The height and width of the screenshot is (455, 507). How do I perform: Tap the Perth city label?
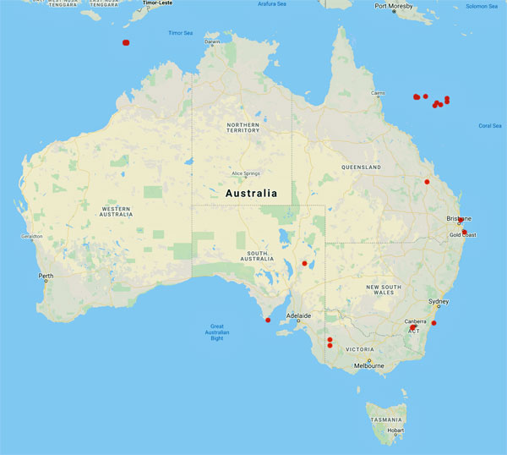click(46, 276)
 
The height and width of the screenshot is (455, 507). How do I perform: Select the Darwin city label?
click(211, 41)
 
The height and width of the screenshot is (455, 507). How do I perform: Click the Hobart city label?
click(395, 430)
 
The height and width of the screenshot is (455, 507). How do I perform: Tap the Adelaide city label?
click(298, 316)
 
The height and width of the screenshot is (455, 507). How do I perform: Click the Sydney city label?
click(439, 302)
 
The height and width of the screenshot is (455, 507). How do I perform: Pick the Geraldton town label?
click(31, 237)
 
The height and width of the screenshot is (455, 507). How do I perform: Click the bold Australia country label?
click(251, 194)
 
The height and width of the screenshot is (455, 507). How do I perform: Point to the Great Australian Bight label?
click(217, 332)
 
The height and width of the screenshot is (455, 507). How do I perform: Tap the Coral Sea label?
click(490, 125)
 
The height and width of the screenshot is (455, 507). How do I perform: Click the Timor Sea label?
click(181, 33)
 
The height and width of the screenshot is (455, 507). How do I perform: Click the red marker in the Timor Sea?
click(126, 41)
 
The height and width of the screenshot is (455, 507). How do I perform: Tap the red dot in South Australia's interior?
click(304, 263)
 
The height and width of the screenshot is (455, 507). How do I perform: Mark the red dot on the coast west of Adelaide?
click(267, 320)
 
